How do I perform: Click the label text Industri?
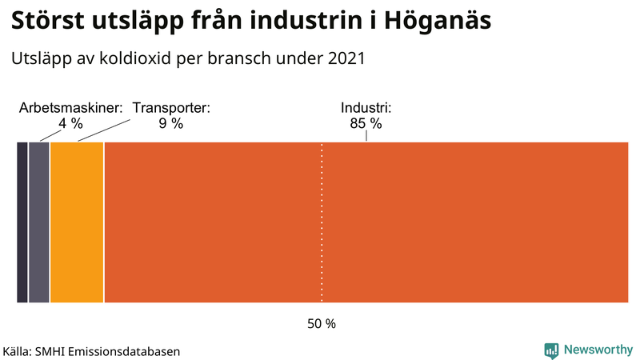pos(366,108)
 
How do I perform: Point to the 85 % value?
pos(366,123)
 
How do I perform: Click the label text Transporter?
pos(171,108)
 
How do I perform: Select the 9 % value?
pos(171,123)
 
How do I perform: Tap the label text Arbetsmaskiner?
pos(71,108)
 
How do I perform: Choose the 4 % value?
pos(71,123)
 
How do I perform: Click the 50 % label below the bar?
pos(322,324)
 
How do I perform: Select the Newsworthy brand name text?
pos(597,350)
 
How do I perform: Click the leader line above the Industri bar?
pos(366,136)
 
